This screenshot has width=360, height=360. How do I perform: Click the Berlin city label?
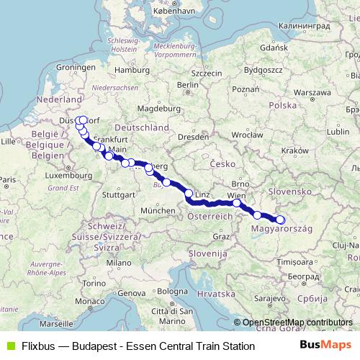point(186,84)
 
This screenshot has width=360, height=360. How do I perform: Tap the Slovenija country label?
point(207,254)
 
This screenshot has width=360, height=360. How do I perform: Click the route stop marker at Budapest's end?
point(281,220)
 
